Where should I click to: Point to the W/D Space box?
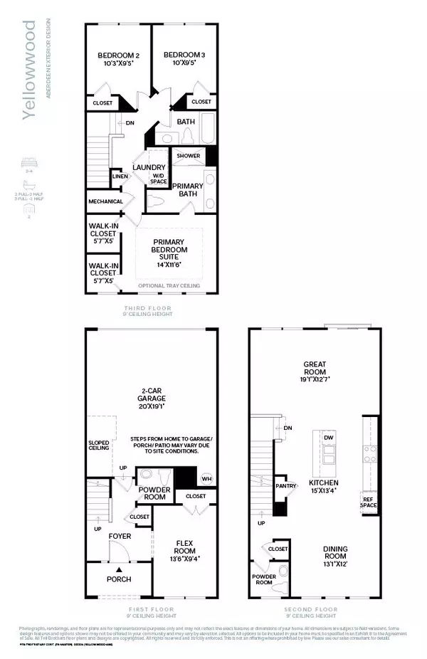coord(158,178)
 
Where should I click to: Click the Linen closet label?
coord(119,176)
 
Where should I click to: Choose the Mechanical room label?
coord(106,201)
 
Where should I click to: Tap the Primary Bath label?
coord(187,189)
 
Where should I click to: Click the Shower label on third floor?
coord(188,155)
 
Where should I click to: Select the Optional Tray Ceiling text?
coord(169,286)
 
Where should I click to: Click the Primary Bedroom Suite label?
coord(169,250)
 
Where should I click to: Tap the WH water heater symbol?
coord(208,478)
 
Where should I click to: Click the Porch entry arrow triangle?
coord(120,570)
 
